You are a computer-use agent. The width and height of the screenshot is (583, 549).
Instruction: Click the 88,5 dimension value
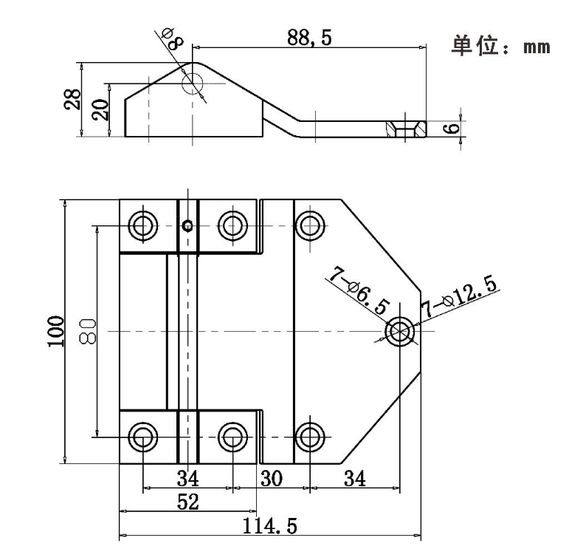[x=309, y=38]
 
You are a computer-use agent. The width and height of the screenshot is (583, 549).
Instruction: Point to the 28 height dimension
[x=72, y=99]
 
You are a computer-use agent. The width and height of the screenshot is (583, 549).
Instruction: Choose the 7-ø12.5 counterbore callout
[x=459, y=296]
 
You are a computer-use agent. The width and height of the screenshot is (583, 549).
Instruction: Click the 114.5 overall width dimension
[x=270, y=526]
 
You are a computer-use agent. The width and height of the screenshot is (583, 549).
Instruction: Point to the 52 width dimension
[x=188, y=502]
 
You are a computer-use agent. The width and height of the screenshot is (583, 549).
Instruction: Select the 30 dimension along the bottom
[x=272, y=479]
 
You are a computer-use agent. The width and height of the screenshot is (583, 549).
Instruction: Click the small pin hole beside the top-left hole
[x=188, y=225]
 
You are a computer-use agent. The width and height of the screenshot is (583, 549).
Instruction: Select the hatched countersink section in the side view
[x=406, y=129]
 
